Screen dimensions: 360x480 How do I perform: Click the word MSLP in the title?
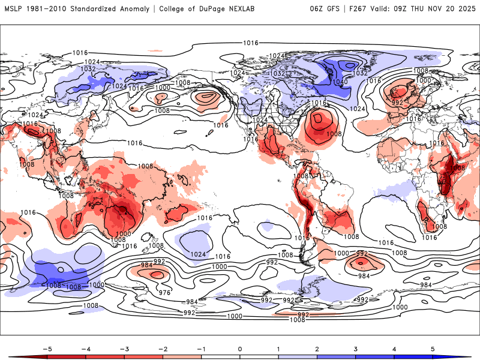coord(13,9)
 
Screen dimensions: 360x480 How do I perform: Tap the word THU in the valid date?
coord(427,9)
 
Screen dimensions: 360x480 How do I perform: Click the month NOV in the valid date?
coord(446,9)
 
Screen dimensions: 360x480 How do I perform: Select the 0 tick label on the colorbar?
coord(240,349)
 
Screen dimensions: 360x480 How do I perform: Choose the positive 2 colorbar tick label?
coord(317,349)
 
